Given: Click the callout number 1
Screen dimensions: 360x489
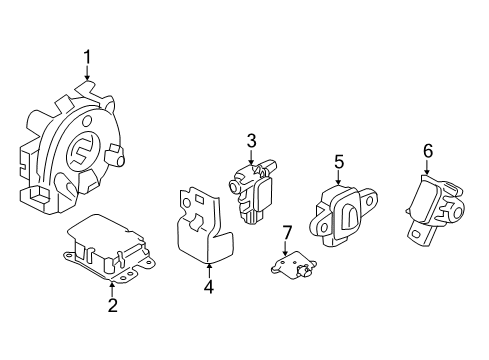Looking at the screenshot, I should point(88,56).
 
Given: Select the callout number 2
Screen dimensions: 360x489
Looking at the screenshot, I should point(112,305).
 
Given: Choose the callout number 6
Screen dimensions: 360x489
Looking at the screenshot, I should point(427,151).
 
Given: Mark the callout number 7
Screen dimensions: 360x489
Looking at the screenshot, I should point(286,233).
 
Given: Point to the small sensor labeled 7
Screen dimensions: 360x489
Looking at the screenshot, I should point(290,264).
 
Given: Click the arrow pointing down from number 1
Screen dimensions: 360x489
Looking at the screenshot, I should point(88,75).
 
